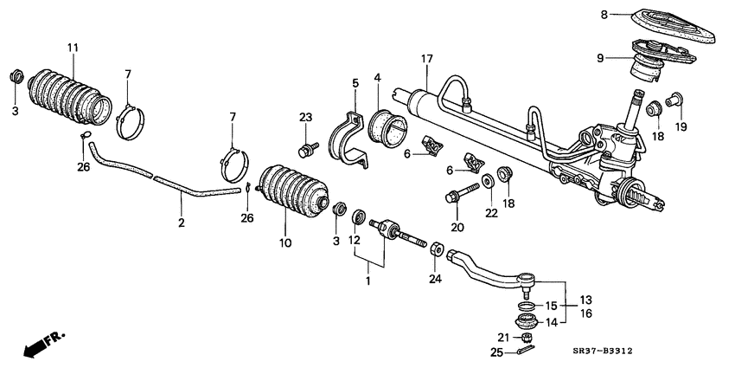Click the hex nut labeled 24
pyautogui.click(x=436, y=251)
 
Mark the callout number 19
pyautogui.click(x=681, y=128)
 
